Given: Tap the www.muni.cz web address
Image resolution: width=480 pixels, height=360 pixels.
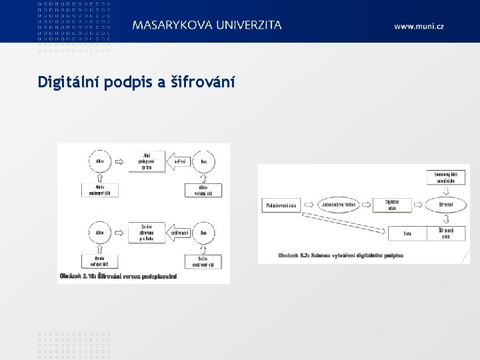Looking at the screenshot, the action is [x=419, y=26].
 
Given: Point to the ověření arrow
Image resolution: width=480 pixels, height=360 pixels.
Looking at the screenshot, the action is [x=179, y=161].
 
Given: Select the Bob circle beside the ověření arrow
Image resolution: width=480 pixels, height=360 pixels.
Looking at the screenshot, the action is [x=204, y=161].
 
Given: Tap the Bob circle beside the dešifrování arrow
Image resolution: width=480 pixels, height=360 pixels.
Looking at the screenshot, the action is [x=204, y=233].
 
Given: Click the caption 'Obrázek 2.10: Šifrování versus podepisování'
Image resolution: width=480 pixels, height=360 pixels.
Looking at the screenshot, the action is [x=119, y=275].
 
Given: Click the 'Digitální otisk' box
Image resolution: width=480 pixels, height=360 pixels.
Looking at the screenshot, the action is [x=392, y=205].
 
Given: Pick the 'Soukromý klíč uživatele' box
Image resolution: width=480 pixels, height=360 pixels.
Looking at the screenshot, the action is [x=446, y=178].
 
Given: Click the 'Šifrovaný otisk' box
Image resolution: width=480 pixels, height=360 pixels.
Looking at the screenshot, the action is [x=446, y=233].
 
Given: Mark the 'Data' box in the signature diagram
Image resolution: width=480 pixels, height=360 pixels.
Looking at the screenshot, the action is [x=407, y=233].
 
